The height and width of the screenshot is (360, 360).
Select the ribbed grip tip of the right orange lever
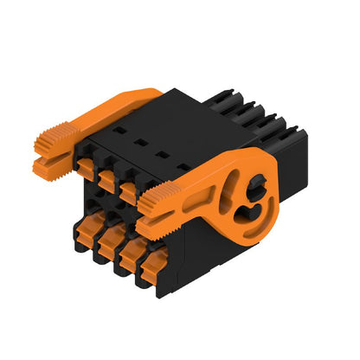[x=154, y=204]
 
